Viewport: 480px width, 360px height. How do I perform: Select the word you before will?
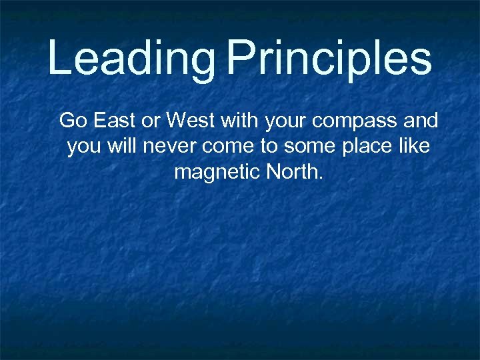(83, 147)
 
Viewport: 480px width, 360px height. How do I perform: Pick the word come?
(224, 147)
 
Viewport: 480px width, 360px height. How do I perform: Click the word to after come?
(265, 147)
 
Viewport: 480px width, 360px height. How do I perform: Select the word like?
(415, 146)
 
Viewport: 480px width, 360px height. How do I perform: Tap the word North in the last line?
(294, 172)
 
